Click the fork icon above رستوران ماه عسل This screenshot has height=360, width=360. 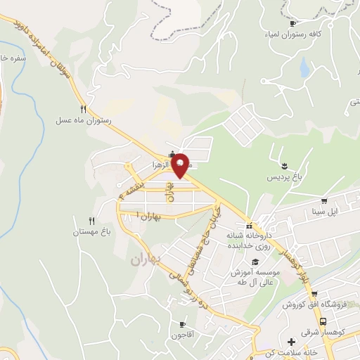[84, 109]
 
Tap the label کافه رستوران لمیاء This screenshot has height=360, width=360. [316, 34]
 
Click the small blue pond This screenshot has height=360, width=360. [304, 67]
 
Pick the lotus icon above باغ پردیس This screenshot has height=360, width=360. [284, 166]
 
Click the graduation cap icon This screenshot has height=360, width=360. [255, 262]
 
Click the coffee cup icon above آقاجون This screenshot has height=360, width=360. [184, 325]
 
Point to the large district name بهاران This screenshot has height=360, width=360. [146, 259]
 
